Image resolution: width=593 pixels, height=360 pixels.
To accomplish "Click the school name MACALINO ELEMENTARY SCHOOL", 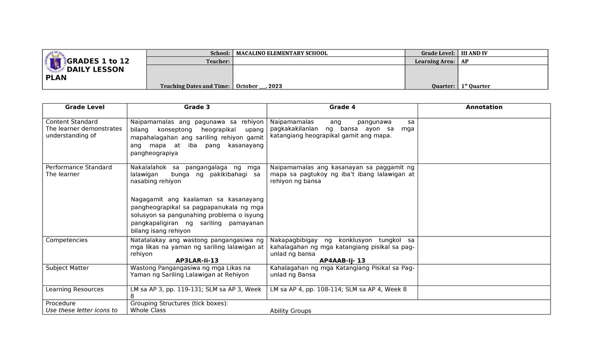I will coord(282,53).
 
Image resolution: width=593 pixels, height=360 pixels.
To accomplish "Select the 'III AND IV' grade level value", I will coord(474,53).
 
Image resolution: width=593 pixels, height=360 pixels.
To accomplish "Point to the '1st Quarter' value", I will coord(475,86).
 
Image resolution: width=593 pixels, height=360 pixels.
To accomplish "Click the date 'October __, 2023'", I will coord(259,86).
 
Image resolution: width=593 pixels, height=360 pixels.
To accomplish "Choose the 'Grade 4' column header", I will coord(342,107).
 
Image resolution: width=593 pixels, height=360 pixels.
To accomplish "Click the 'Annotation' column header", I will coord(484,107).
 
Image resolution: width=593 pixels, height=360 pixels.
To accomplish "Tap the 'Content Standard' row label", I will coord(72,122).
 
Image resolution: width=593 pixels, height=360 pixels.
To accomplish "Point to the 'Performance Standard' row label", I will coord(79,167).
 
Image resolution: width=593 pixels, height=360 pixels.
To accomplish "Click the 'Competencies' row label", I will coord(67,240).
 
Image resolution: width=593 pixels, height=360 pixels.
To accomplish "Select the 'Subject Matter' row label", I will coord(68,268).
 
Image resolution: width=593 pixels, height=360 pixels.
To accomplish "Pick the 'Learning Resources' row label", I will coord(75,289).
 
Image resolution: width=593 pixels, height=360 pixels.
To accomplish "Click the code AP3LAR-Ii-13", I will coord(197,260).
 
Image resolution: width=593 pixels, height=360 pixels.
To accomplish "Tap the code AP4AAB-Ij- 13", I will coord(342,260).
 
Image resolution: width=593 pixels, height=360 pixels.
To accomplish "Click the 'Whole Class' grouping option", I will coord(148,311).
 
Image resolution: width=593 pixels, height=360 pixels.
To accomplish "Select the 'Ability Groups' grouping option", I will coord(291,311).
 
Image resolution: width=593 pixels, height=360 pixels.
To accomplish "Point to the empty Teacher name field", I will coord(318,61).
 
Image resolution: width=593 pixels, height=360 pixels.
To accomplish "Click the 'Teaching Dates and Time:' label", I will coord(195,86).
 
